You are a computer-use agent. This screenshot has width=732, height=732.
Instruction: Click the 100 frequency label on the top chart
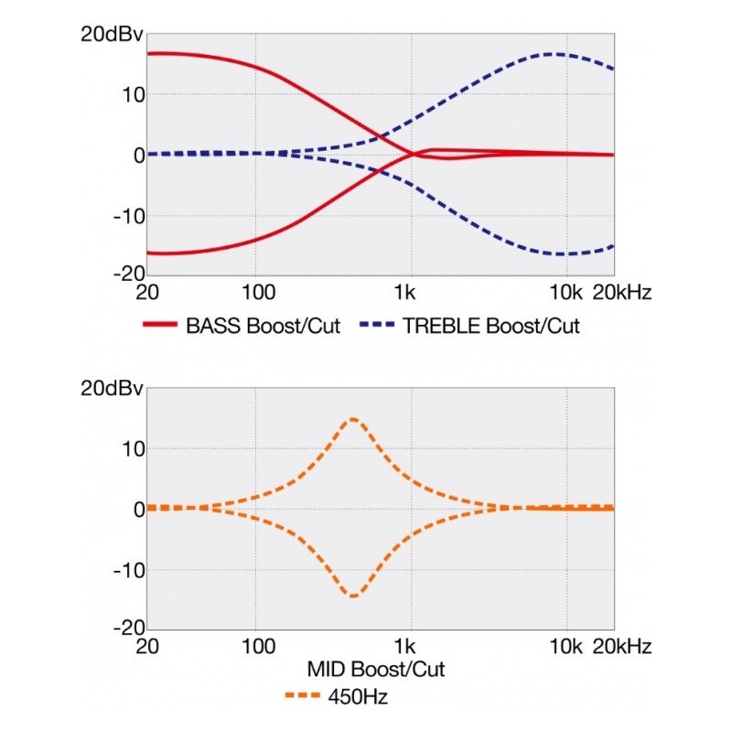pos(258,293)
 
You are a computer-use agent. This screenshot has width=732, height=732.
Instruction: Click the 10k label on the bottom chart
pos(565,647)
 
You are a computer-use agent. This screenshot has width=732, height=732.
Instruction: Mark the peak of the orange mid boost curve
pos(352,419)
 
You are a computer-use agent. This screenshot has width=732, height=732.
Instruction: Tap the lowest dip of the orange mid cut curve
pos(352,597)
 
